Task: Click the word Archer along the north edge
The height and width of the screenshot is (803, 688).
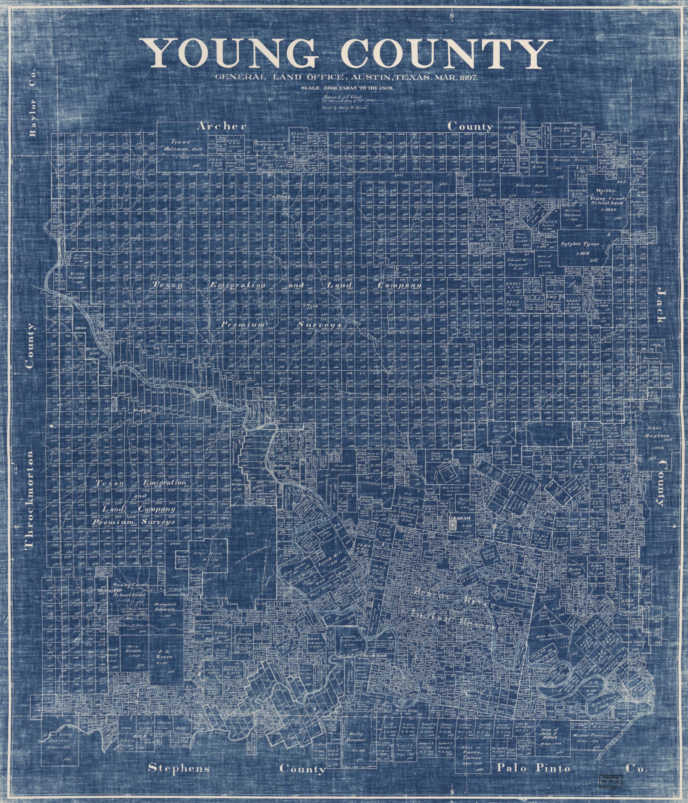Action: (221, 126)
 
